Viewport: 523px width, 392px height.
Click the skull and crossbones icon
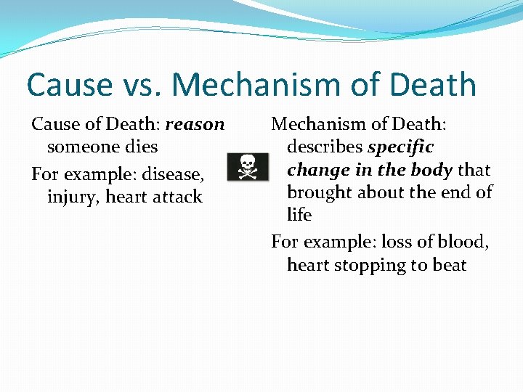click(248, 167)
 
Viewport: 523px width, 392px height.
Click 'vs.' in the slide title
click(142, 86)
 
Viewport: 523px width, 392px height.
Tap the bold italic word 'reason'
click(195, 125)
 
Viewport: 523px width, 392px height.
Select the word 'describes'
click(325, 147)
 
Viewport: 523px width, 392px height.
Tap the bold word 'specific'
click(400, 147)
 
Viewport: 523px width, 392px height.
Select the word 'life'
click(299, 215)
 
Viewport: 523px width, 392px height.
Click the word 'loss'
click(398, 242)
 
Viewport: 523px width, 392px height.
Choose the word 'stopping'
click(377, 265)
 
